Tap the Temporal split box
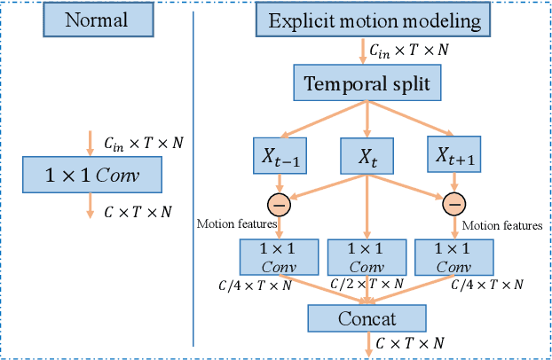point(366,84)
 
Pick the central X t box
point(367,156)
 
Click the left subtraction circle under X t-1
point(280,204)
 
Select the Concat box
point(367,317)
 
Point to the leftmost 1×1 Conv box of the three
point(279,257)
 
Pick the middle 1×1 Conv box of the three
point(367,257)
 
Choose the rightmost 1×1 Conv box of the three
point(454,257)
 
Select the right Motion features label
point(502,226)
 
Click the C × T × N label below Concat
point(410,343)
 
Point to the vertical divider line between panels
point(193,177)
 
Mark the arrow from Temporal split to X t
point(367,120)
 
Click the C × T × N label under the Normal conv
point(137,211)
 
